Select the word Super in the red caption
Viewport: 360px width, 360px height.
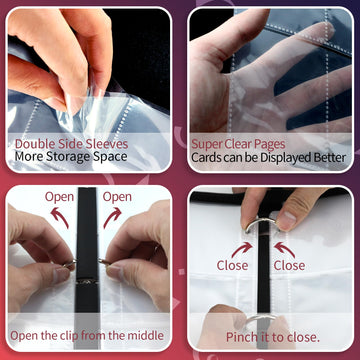coord(203,145)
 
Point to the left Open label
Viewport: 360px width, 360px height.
coord(59,197)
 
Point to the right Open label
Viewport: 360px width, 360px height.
coord(117,197)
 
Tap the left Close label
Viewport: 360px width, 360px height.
coord(232,265)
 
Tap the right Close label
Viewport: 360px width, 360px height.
coord(289,265)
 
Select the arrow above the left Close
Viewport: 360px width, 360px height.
coord(242,250)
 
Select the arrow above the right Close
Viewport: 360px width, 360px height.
coord(284,250)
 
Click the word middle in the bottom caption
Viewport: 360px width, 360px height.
coord(145,335)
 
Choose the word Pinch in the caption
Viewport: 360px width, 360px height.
coord(240,337)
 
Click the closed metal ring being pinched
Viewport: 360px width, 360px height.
coord(261,221)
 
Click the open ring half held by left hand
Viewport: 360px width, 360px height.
coord(70,263)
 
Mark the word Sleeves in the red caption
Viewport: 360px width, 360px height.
coord(107,144)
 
